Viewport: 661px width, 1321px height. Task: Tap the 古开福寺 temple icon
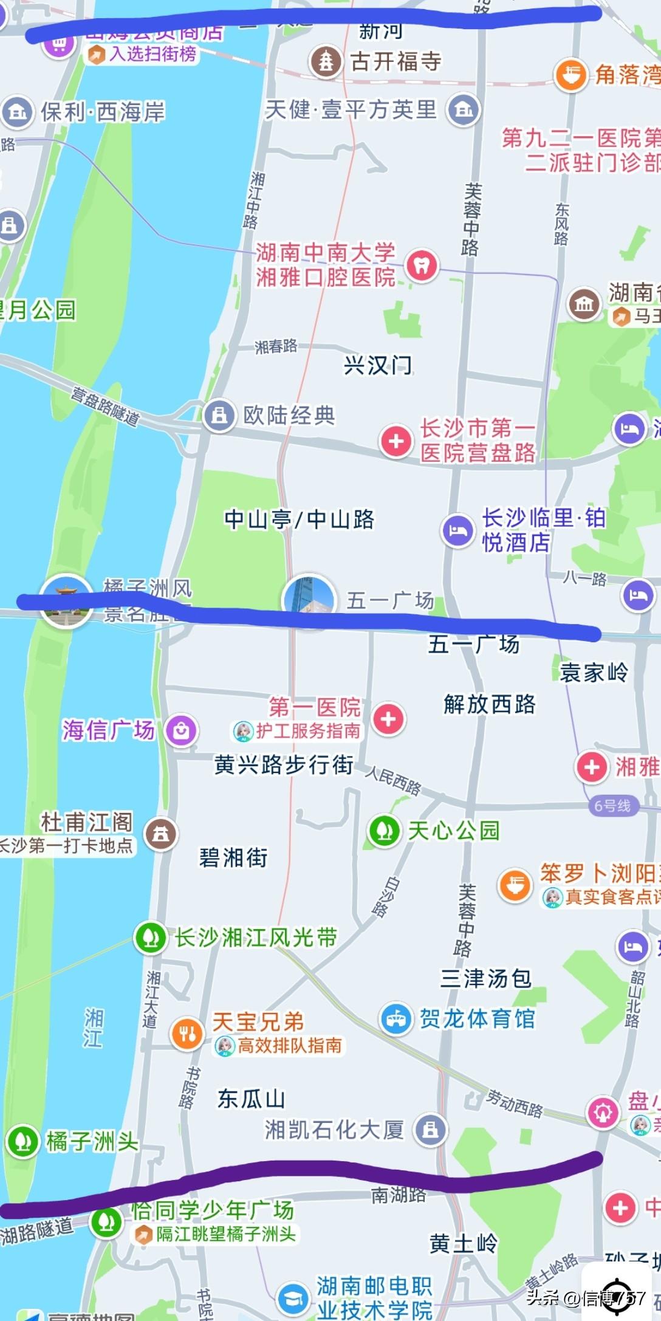(x=326, y=61)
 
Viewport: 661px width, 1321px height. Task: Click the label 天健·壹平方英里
(x=351, y=110)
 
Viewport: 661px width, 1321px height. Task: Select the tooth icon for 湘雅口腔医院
(x=422, y=265)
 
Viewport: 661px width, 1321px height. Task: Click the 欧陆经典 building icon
(x=219, y=416)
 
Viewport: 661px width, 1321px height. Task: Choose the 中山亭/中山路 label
(x=299, y=520)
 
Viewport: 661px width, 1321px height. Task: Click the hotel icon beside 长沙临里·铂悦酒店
(x=457, y=531)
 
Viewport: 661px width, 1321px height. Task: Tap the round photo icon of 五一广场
(x=309, y=600)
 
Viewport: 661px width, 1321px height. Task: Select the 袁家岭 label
(x=594, y=673)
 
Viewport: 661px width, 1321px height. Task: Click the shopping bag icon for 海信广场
(x=181, y=730)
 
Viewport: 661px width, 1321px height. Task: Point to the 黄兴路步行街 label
(x=284, y=764)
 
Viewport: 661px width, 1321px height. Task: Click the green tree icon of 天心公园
(x=384, y=830)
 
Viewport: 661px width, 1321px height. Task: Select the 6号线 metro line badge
(x=612, y=806)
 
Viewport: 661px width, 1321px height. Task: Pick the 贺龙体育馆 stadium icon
(x=397, y=1018)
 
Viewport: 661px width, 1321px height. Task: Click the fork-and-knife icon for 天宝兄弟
(x=187, y=1033)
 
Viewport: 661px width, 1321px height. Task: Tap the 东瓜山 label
(x=251, y=1099)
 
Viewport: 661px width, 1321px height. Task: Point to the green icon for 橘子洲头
(x=23, y=1142)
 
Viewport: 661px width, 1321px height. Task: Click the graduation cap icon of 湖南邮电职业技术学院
(x=293, y=1298)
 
